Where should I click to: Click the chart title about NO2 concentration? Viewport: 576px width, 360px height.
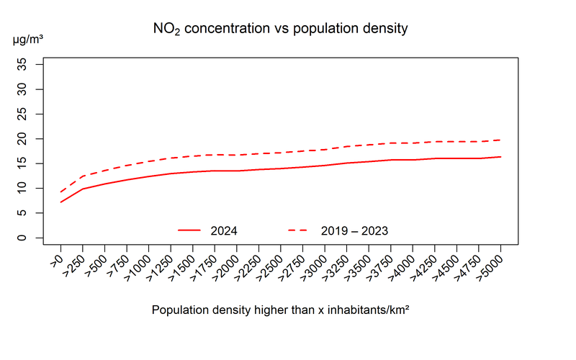281,30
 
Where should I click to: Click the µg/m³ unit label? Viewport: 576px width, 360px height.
28,40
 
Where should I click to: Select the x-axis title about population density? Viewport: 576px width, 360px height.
281,310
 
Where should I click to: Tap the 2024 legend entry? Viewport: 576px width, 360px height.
224,230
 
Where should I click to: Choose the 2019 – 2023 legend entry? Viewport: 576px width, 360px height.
354,230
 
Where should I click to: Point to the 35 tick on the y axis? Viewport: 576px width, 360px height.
32,65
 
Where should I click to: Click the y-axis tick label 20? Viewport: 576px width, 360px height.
32,139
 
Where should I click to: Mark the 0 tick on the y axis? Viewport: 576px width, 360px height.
32,238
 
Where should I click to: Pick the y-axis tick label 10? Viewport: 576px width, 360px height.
32,189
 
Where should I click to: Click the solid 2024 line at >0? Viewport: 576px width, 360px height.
61,202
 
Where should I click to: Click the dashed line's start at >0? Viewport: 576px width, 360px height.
61,192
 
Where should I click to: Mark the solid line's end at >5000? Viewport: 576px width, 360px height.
500,157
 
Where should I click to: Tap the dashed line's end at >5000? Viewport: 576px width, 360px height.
500,140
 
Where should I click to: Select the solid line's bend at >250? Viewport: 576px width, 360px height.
83,189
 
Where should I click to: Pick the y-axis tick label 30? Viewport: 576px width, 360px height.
32,89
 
